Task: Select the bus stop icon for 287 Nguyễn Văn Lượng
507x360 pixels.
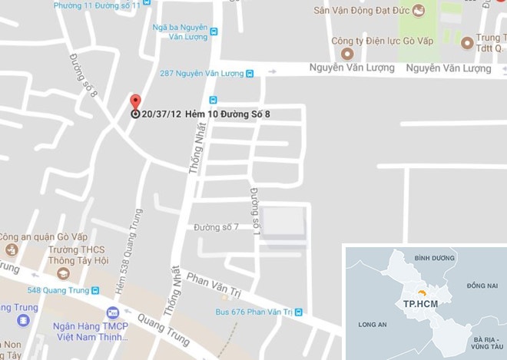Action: [250, 74]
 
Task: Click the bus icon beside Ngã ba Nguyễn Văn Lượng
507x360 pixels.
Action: [214, 31]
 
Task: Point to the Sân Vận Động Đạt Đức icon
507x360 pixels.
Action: [418, 10]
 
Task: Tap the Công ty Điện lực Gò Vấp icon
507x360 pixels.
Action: [347, 54]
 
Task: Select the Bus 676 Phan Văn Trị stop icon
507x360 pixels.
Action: [299, 312]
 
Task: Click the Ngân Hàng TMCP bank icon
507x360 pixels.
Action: [113, 312]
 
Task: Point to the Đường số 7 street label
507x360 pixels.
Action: [216, 226]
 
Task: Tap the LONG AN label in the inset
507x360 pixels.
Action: [372, 325]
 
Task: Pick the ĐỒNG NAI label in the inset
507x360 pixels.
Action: [481, 286]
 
